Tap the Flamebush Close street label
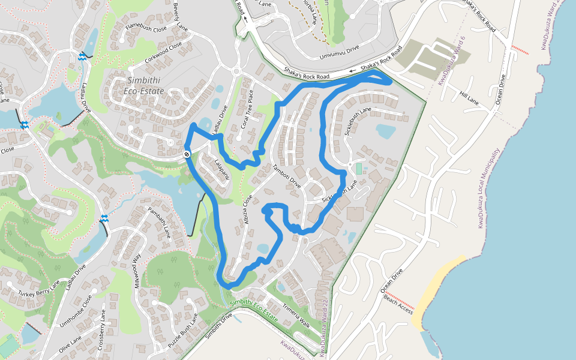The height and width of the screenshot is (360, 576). (x=146, y=28)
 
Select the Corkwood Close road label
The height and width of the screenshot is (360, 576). (x=163, y=53)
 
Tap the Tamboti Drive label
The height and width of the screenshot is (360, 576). (x=286, y=177)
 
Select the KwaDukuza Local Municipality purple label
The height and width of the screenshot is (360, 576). (x=488, y=188)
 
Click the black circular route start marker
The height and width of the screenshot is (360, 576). (x=187, y=154)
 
